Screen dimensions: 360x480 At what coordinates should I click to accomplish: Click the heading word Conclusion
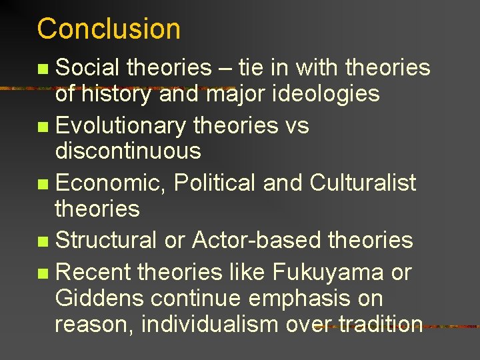click(x=109, y=29)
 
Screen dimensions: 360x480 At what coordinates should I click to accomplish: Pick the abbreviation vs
click(x=296, y=125)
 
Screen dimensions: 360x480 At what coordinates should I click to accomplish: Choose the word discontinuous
click(x=128, y=151)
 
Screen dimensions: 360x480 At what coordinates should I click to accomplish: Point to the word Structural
click(x=106, y=239)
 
